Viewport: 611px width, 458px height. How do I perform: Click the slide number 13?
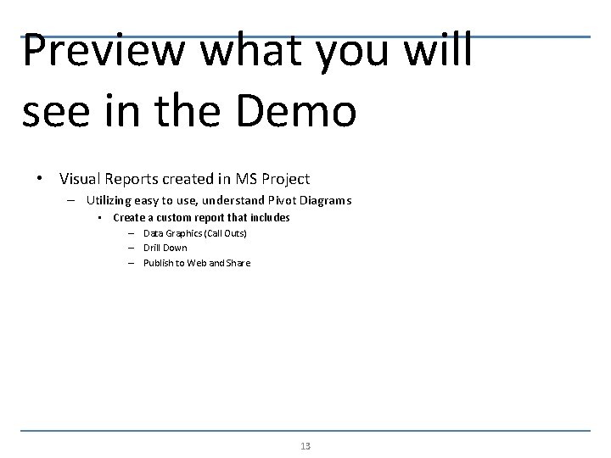(305, 446)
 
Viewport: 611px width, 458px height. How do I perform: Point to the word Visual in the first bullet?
(81, 179)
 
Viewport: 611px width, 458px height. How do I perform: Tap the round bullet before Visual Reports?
(40, 179)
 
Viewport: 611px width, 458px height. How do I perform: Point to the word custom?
(170, 218)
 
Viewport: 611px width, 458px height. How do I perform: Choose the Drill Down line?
(165, 248)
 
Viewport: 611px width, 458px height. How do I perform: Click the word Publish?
(159, 263)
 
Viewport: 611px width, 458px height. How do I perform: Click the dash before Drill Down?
(133, 248)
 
